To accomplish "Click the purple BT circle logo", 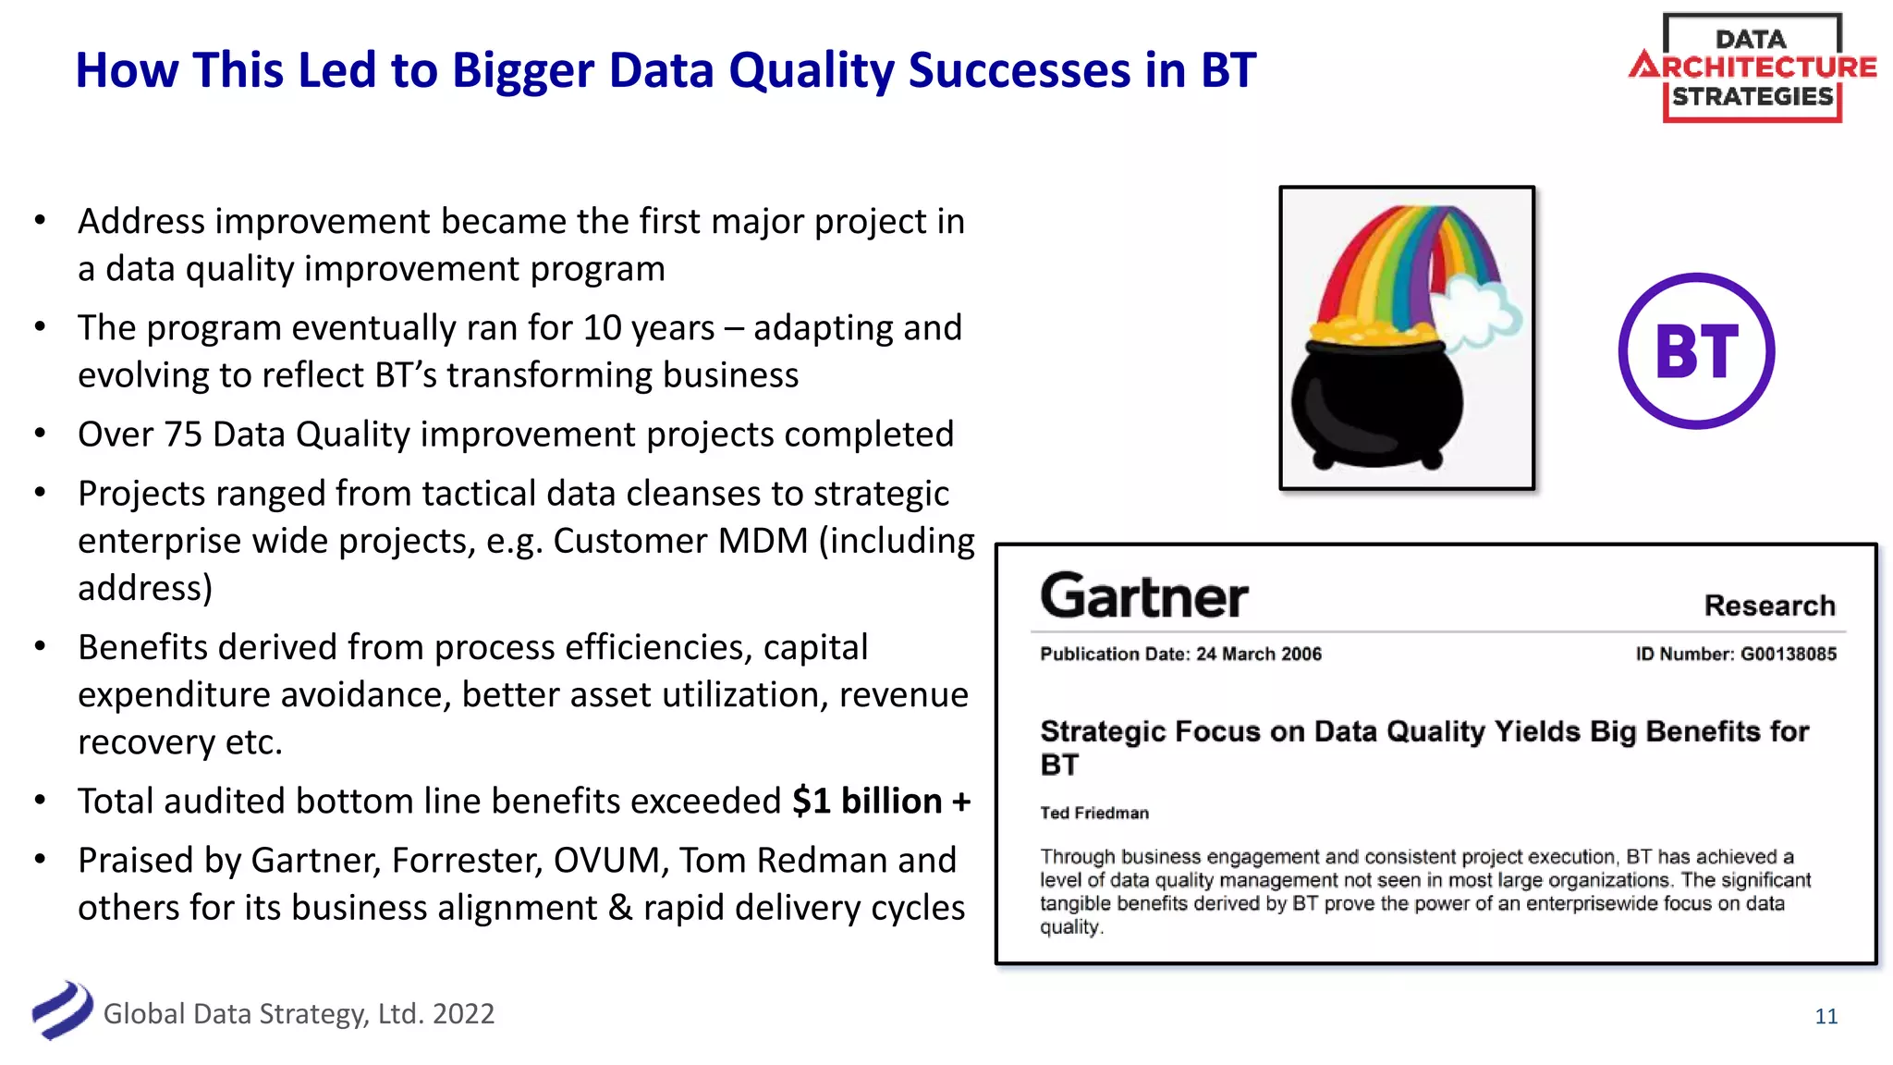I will pos(1696,350).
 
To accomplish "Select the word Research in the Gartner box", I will pos(1769,606).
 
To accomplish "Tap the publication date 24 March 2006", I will pos(1258,654).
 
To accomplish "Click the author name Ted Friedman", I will pos(1093,813).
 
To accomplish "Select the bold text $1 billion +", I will pos(881,801).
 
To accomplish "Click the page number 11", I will pos(1826,1016).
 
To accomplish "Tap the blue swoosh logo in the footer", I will pos(61,1010).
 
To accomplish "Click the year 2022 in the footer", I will pos(463,1013).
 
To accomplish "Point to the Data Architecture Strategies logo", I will pos(1752,67).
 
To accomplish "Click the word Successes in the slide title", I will pos(1020,70).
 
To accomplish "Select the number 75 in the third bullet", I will pos(183,434).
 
